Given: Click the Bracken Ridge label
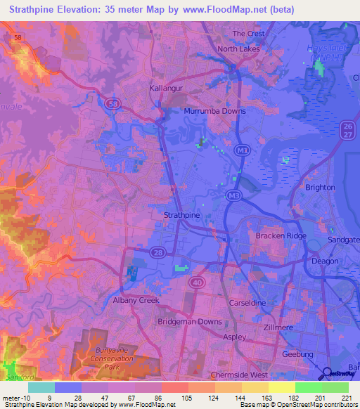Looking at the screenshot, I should (x=281, y=236).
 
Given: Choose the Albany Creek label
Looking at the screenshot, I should (x=136, y=300).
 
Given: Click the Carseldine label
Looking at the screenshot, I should (x=246, y=303).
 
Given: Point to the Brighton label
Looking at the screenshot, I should (x=321, y=188).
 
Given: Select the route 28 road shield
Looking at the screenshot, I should (x=159, y=252).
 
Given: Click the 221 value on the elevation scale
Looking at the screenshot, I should (x=347, y=398).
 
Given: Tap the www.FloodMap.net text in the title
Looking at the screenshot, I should (x=231, y=9).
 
